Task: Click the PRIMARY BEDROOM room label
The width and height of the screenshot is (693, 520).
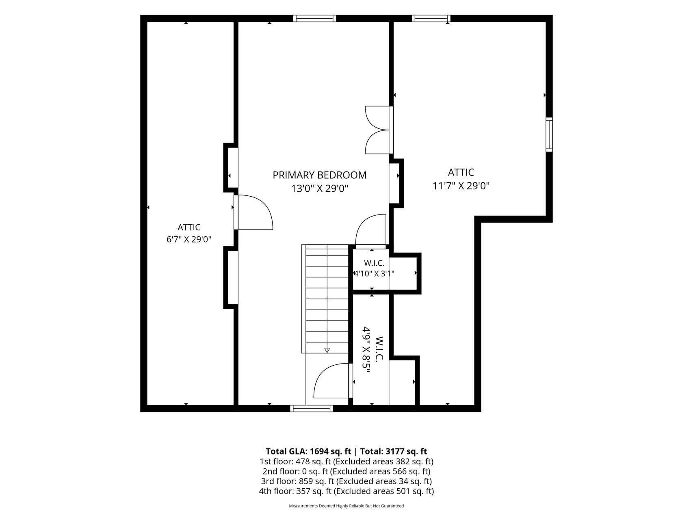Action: click(x=319, y=175)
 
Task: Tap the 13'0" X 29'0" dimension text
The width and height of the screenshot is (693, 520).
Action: click(x=320, y=189)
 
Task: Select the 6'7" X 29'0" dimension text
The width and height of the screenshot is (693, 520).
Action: click(x=189, y=239)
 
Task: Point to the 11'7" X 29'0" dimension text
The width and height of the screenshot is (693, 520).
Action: click(x=461, y=186)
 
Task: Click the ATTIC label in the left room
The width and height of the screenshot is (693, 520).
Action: click(x=189, y=227)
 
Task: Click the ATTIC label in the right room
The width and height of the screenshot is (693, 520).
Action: click(x=461, y=172)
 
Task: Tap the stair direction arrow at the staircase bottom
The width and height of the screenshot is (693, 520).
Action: click(x=327, y=350)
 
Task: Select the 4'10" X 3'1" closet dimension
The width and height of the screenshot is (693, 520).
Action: click(x=374, y=274)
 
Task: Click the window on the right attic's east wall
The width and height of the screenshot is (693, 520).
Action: click(x=549, y=134)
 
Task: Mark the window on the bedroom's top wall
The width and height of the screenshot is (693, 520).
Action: click(x=315, y=18)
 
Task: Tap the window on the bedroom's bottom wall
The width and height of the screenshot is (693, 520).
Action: click(x=312, y=408)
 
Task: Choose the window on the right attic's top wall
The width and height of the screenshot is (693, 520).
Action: click(x=431, y=18)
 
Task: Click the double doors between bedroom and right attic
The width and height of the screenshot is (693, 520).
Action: click(x=378, y=130)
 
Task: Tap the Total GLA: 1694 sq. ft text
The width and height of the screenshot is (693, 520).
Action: click(x=308, y=451)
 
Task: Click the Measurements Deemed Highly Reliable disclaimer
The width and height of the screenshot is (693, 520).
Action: click(x=346, y=506)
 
